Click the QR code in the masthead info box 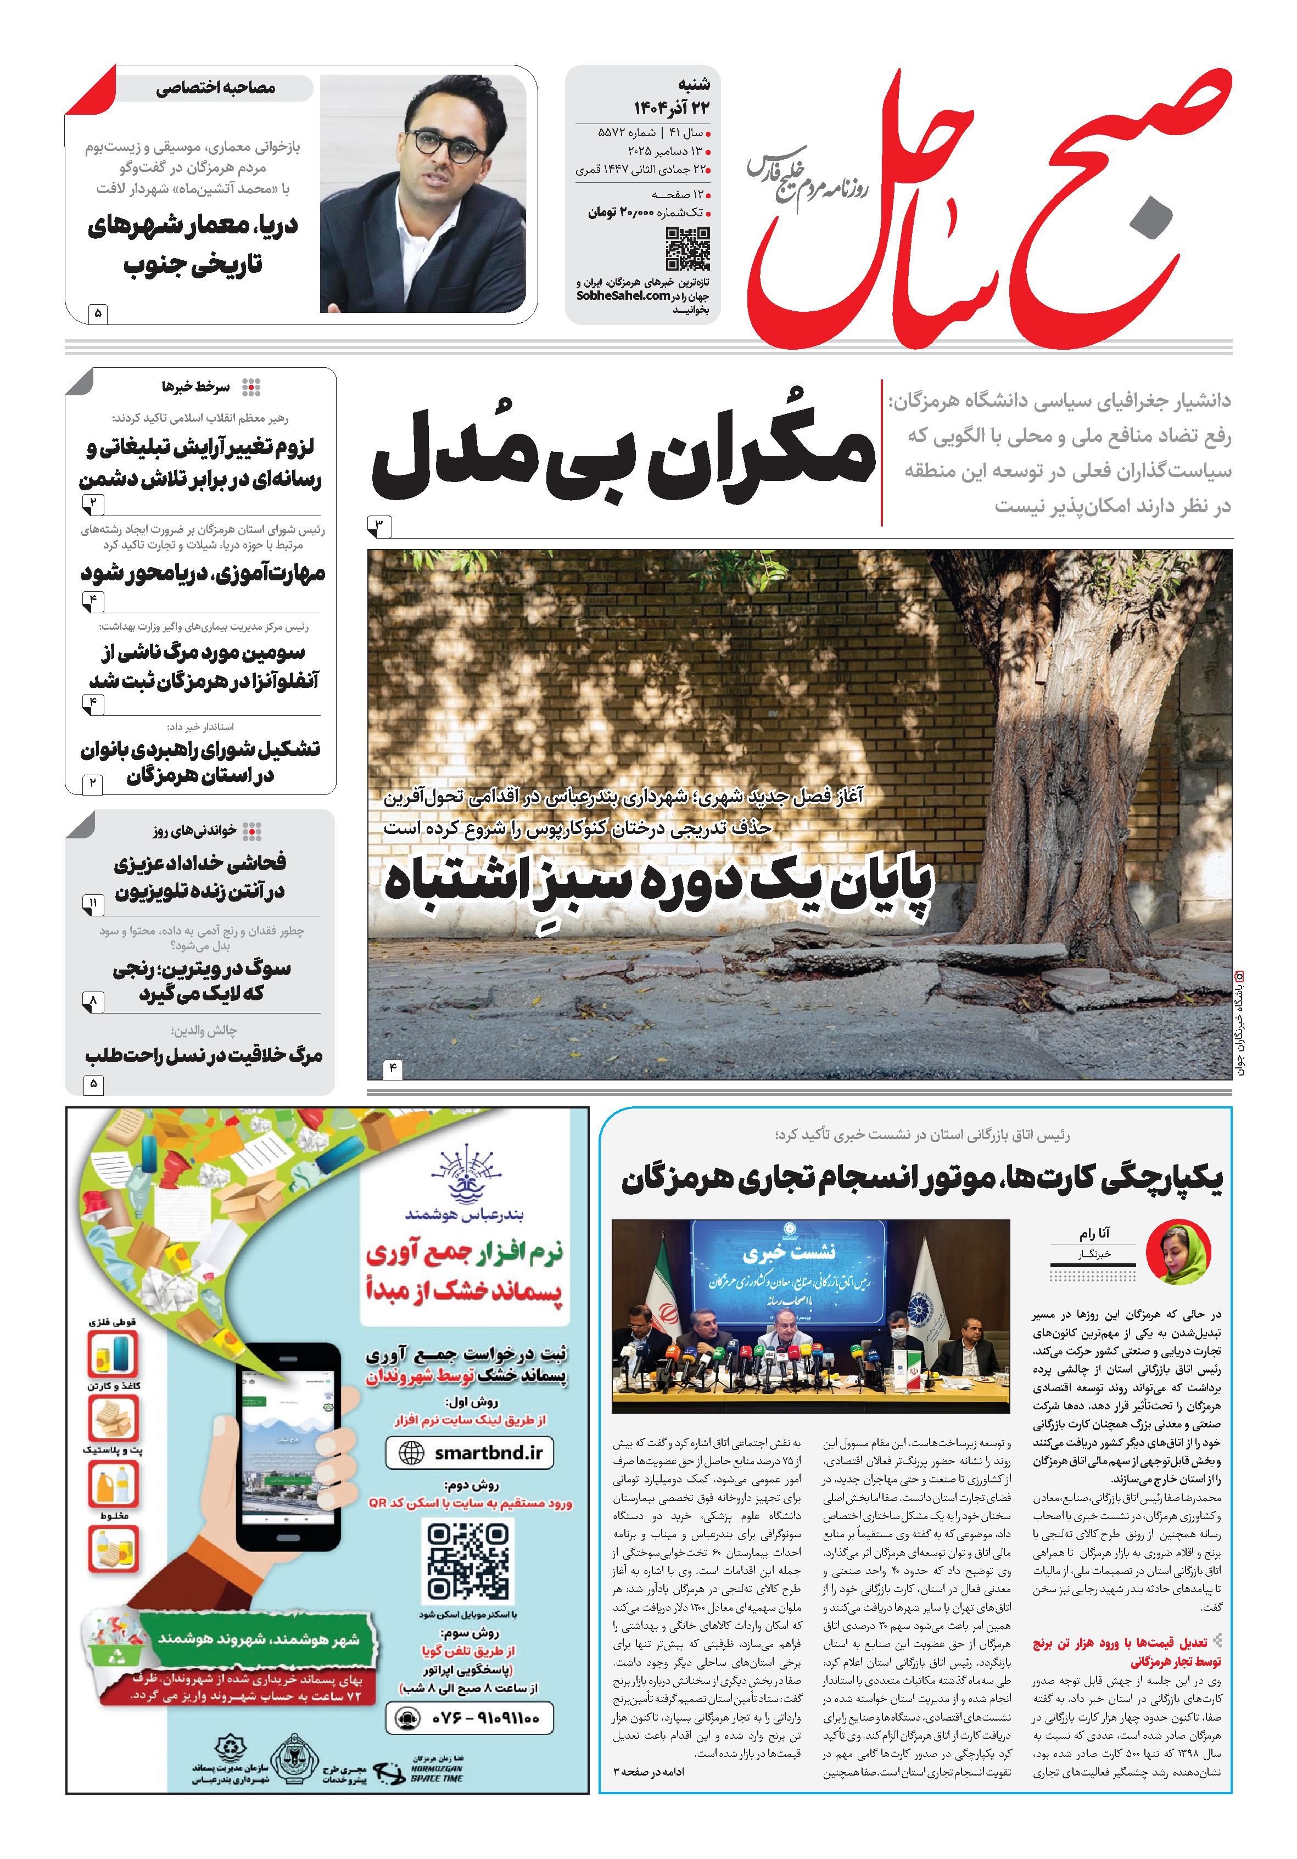pos(687,249)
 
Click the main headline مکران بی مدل pos(623,457)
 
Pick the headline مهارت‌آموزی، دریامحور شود pos(203,573)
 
